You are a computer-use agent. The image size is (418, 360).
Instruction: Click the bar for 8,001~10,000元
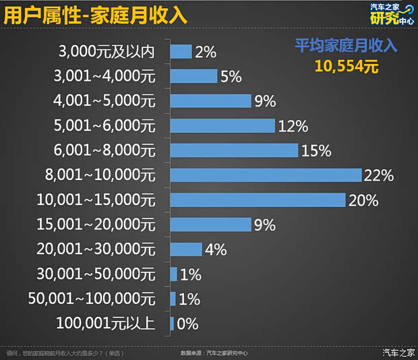pos(266,175)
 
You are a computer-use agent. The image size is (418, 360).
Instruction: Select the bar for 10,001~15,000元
pos(258,200)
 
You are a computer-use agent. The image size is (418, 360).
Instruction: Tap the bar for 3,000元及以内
pos(181,51)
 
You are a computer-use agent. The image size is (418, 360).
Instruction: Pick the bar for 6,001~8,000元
pos(234,150)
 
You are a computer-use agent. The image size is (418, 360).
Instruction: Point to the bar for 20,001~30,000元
pos(186,249)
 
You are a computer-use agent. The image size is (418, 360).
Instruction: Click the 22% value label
pos(378,176)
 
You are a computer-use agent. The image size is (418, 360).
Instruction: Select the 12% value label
pos(293,126)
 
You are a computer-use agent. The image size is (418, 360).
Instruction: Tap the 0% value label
pos(187,324)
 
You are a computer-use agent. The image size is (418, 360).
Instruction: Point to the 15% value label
pos(316,151)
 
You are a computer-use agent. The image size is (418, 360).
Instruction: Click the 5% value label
pos(231,76)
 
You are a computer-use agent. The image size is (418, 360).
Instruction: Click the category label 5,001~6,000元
pos(104,125)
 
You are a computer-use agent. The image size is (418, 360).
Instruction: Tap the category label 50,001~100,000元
pos(92,299)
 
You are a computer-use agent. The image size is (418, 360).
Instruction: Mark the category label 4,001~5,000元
pos(104,101)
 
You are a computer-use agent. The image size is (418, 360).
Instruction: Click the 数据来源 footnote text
pos(214,353)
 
